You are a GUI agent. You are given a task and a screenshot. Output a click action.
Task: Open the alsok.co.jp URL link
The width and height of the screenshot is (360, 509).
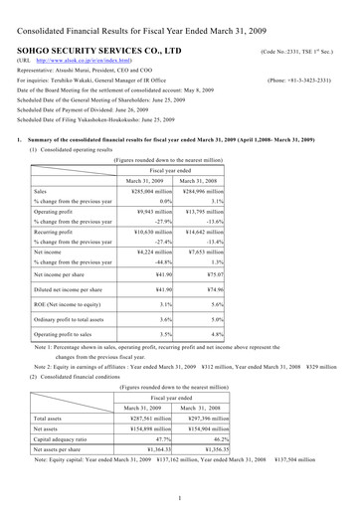[76, 61]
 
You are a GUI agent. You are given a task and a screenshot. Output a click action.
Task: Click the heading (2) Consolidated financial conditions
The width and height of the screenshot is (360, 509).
[80, 377]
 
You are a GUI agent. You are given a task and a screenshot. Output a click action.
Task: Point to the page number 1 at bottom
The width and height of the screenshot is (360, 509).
[179, 496]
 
